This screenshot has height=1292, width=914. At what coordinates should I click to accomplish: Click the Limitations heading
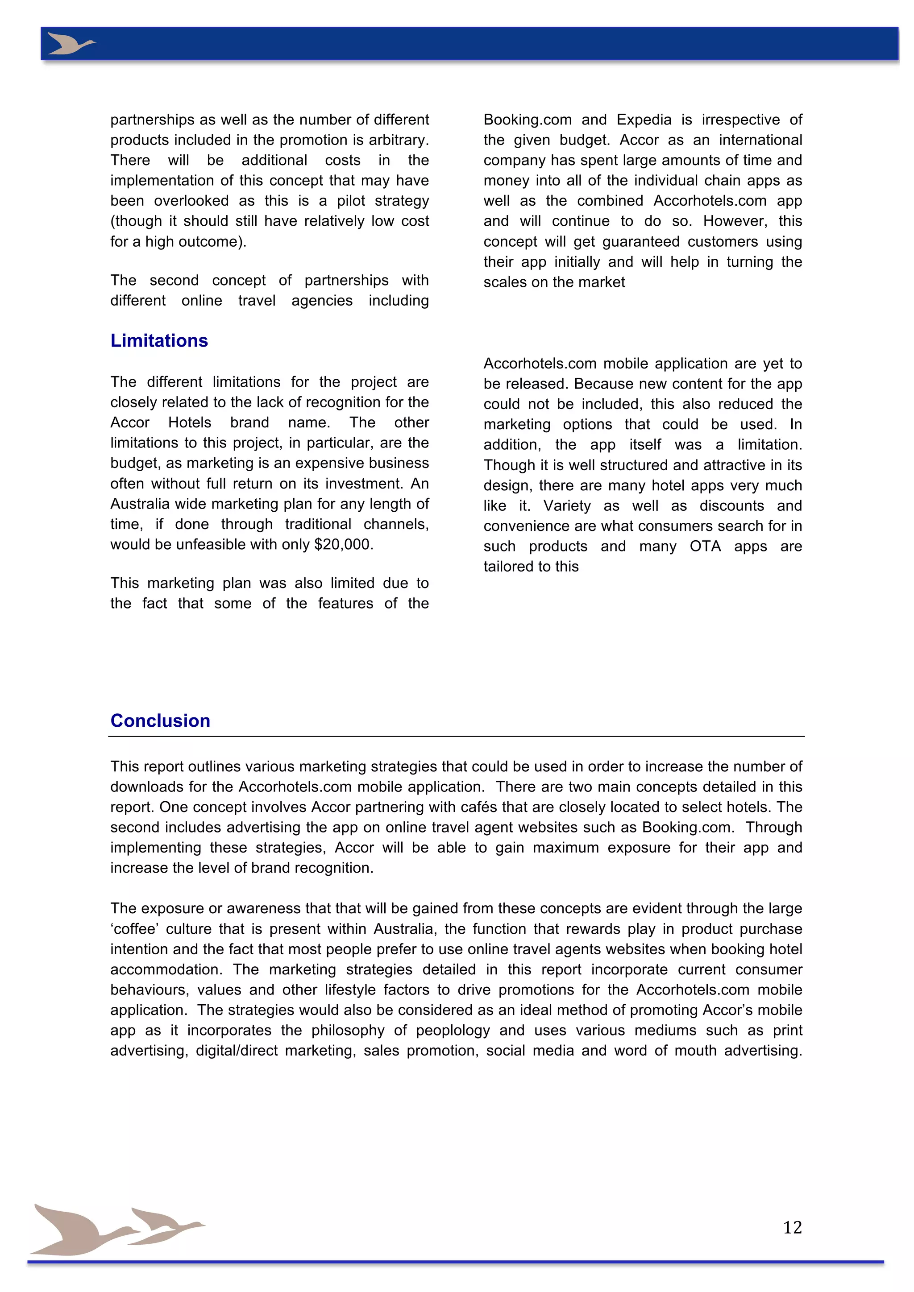[159, 340]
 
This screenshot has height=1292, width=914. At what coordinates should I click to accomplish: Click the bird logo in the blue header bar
[71, 43]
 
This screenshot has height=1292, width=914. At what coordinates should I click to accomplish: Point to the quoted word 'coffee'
[133, 928]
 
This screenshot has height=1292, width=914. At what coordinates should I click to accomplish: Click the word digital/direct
[237, 1050]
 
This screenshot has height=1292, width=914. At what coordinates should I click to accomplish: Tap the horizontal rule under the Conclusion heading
[457, 736]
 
